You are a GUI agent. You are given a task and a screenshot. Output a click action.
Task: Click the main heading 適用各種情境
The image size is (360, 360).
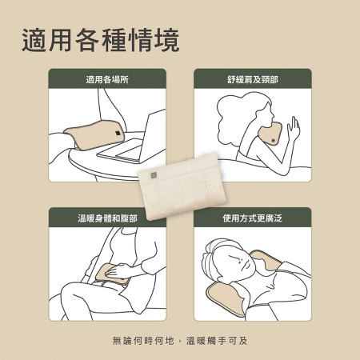101,41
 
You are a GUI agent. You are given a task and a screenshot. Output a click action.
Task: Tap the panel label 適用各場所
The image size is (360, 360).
107,79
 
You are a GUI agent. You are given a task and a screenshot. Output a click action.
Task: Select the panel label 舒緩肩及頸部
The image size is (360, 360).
253,79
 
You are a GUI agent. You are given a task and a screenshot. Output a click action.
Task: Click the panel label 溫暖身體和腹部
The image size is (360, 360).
107,218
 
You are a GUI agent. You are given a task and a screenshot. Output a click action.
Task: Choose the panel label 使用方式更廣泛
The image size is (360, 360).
253,218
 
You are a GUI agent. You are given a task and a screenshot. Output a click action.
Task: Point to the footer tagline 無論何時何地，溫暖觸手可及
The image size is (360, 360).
180,341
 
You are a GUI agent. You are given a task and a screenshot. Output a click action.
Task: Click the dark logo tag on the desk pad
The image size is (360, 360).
118,134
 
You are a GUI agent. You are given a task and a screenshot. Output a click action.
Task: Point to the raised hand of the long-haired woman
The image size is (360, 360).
294,127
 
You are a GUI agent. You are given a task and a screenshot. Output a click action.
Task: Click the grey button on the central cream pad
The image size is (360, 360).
153,174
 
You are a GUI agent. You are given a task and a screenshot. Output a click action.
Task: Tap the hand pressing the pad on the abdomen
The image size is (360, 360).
118,271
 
